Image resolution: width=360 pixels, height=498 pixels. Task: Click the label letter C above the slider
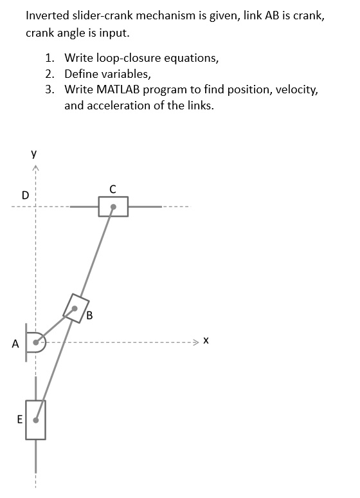pyautogui.click(x=113, y=189)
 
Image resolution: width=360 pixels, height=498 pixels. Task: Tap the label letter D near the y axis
pyautogui.click(x=25, y=194)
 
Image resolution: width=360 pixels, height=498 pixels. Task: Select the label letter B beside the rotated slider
pyautogui.click(x=89, y=315)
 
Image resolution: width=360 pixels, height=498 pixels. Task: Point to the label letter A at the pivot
pyautogui.click(x=15, y=344)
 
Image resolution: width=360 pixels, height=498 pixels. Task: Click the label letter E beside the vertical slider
pyautogui.click(x=20, y=420)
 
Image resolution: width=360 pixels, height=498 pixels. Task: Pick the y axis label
pyautogui.click(x=33, y=154)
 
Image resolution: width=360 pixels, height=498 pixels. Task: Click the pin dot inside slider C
pyautogui.click(x=113, y=207)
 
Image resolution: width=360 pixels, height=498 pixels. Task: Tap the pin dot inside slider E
pyautogui.click(x=36, y=420)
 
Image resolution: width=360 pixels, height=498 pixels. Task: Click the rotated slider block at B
pyautogui.click(x=75, y=307)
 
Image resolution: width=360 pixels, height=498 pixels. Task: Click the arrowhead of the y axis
pyautogui.click(x=36, y=169)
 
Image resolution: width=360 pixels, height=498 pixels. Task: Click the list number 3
pyautogui.click(x=50, y=90)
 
